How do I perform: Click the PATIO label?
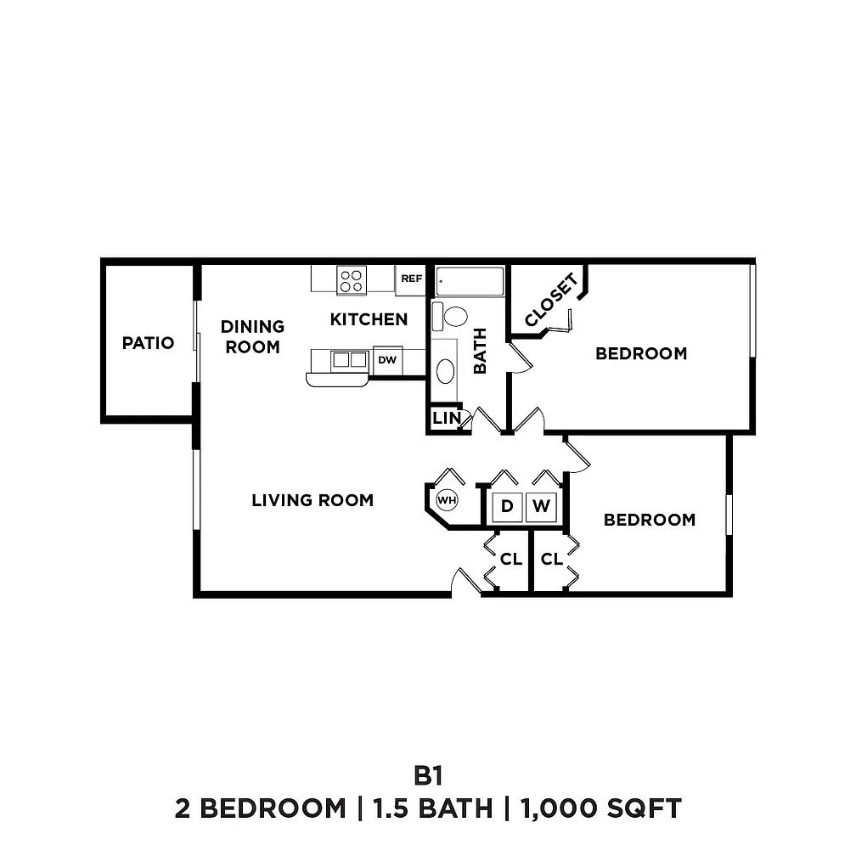pos(148,343)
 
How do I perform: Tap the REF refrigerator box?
pos(410,280)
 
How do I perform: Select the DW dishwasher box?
pos(387,360)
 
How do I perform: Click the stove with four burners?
pos(352,280)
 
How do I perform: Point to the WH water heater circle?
pos(447,499)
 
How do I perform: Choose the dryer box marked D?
pos(507,507)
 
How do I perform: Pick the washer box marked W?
pos(541,507)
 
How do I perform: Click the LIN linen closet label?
pos(447,418)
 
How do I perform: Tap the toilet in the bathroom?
pos(450,317)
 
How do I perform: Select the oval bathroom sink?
pos(446,371)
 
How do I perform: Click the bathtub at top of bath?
pos(470,281)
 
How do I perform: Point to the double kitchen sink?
pos(349,360)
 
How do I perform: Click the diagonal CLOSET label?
pos(551,300)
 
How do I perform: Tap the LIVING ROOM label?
pos(313,500)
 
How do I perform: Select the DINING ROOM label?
pos(252,337)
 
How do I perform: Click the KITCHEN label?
pos(369,319)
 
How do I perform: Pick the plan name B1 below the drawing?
pos(428,775)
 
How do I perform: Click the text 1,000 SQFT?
pos(601,808)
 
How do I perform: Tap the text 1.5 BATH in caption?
pos(432,808)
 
